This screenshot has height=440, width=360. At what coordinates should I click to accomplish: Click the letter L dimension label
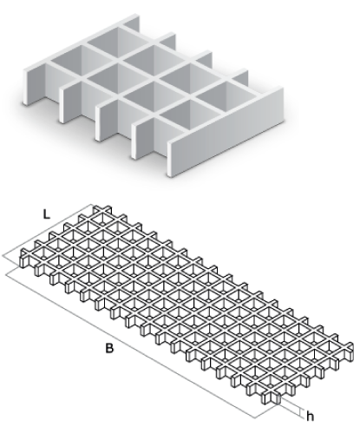[x=47, y=214]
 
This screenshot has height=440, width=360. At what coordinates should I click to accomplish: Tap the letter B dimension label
[x=109, y=349]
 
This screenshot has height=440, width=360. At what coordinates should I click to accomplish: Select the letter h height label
[x=310, y=417]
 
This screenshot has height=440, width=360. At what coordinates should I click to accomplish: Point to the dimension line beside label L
[x=48, y=230]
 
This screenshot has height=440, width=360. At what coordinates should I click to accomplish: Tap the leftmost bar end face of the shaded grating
[x=26, y=87]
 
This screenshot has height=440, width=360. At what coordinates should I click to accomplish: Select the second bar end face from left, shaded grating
[x=62, y=105]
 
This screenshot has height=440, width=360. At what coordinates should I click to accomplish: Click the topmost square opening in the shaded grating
[x=118, y=41]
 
